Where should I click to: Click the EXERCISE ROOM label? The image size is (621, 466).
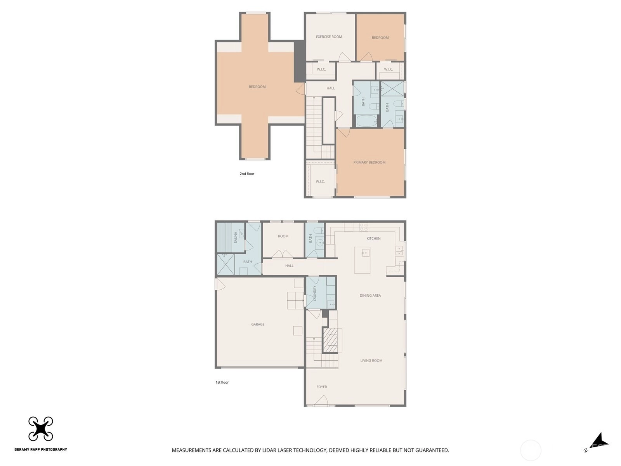click(329, 37)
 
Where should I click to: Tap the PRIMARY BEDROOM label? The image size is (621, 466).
click(369, 162)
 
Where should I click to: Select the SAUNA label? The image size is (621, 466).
click(235, 237)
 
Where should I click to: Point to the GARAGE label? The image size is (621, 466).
click(258, 324)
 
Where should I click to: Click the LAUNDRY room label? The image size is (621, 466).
click(315, 293)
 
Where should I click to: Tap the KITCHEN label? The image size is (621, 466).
click(373, 238)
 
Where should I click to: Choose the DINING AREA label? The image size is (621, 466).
click(370, 296)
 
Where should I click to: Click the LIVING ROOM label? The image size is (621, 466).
click(371, 360)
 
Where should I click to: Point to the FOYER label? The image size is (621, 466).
click(322, 387)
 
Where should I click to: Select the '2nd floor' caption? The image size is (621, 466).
click(247, 174)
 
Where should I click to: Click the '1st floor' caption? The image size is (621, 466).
click(222, 382)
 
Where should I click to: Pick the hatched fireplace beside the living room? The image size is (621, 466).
click(330, 340)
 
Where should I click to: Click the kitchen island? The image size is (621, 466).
click(362, 260)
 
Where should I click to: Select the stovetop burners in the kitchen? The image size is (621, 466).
click(364, 227)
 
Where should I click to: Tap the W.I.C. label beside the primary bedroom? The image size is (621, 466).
click(320, 181)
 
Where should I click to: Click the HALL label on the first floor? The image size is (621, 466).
click(289, 266)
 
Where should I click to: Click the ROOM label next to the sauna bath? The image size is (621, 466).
click(283, 236)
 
